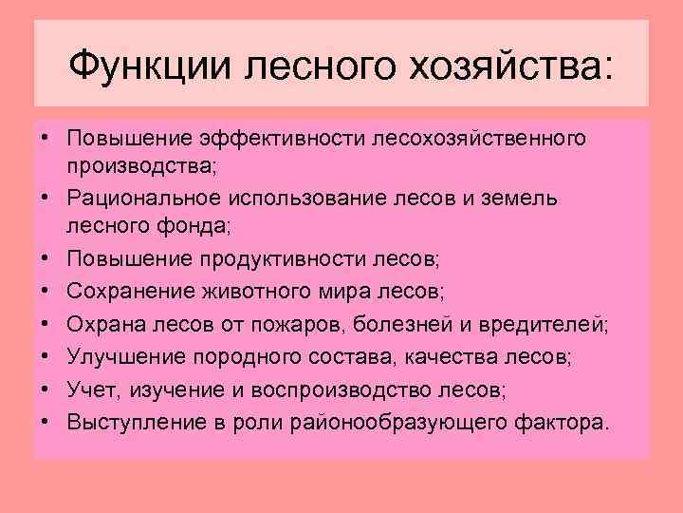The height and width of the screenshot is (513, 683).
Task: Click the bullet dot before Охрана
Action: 45,325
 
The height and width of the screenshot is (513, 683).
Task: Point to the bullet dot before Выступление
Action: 45,420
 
